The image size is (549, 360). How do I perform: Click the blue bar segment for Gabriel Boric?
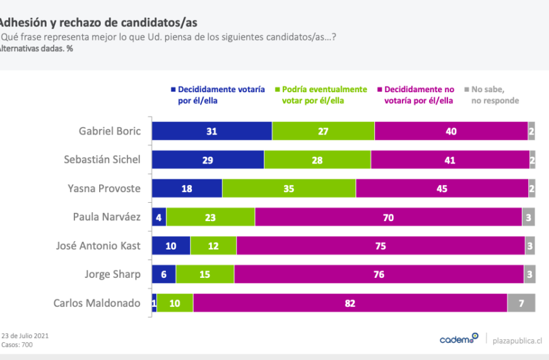click(211, 131)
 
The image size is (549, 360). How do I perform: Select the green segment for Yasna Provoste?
click(289, 188)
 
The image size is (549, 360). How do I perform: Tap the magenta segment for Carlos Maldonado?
click(350, 303)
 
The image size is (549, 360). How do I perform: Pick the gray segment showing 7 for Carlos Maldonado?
click(521, 303)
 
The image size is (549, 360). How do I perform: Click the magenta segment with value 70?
click(388, 217)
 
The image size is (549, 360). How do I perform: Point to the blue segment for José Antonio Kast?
click(170, 246)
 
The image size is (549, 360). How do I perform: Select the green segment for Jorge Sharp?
click(205, 275)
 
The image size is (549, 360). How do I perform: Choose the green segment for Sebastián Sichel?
click(317, 160)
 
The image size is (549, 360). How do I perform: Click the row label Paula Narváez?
click(107, 217)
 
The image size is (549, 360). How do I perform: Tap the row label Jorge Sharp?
click(112, 275)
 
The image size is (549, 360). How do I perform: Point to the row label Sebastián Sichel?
click(102, 160)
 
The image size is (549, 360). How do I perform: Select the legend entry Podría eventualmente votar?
click(324, 95)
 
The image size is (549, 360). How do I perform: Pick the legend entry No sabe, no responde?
click(495, 95)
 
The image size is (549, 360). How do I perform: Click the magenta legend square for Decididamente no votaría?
click(379, 90)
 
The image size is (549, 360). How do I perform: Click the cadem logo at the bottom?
click(459, 339)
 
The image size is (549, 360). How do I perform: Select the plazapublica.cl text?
click(517, 340)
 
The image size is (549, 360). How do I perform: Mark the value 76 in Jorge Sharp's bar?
click(379, 275)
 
